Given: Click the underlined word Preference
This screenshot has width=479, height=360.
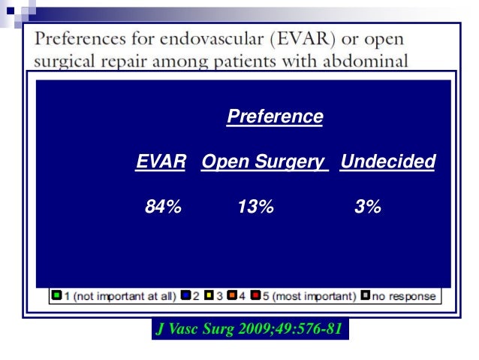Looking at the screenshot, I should [x=275, y=117].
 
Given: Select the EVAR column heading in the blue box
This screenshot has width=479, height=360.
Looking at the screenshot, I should [x=161, y=162].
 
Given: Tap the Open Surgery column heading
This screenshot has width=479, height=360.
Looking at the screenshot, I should [x=264, y=162].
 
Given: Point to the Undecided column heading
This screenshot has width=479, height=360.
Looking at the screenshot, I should [x=387, y=162].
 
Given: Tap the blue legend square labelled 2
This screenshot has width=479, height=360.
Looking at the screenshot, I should [x=184, y=296].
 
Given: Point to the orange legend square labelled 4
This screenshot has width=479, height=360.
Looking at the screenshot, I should [x=232, y=296].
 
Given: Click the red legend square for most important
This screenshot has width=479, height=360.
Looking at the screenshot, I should [x=256, y=296].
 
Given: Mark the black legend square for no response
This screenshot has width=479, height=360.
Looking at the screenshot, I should [x=366, y=296].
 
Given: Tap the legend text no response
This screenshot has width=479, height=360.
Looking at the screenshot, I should [x=403, y=296].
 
